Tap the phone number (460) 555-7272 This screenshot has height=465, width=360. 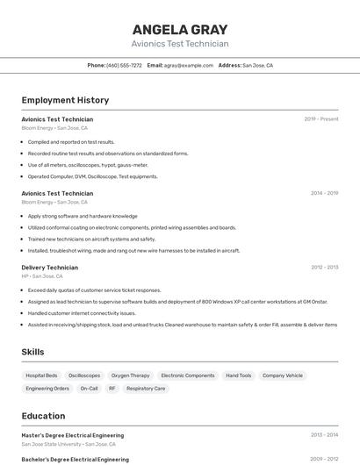click(124, 65)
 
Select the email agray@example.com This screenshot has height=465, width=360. click(189, 65)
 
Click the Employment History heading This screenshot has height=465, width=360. click(65, 100)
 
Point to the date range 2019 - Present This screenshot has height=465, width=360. click(321, 118)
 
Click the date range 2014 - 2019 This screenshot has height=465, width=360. click(324, 193)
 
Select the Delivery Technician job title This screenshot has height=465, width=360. click(49, 267)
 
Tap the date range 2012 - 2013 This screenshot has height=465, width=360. click(324, 267)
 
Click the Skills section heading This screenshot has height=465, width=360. click(33, 352)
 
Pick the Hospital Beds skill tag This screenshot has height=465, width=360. click(41, 376)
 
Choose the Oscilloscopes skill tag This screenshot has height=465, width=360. click(84, 376)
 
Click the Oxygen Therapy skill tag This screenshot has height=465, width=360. click(131, 376)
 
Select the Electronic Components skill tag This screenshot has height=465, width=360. click(188, 376)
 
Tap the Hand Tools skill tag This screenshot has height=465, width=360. click(238, 376)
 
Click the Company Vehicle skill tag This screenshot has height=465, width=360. click(283, 376)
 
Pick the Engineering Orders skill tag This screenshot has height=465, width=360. click(47, 388)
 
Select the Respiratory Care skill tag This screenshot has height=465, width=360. click(146, 388)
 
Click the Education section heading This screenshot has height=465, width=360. click(43, 416)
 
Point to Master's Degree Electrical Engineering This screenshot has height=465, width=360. click(73, 435)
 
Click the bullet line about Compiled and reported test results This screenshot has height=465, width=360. click(71, 141)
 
